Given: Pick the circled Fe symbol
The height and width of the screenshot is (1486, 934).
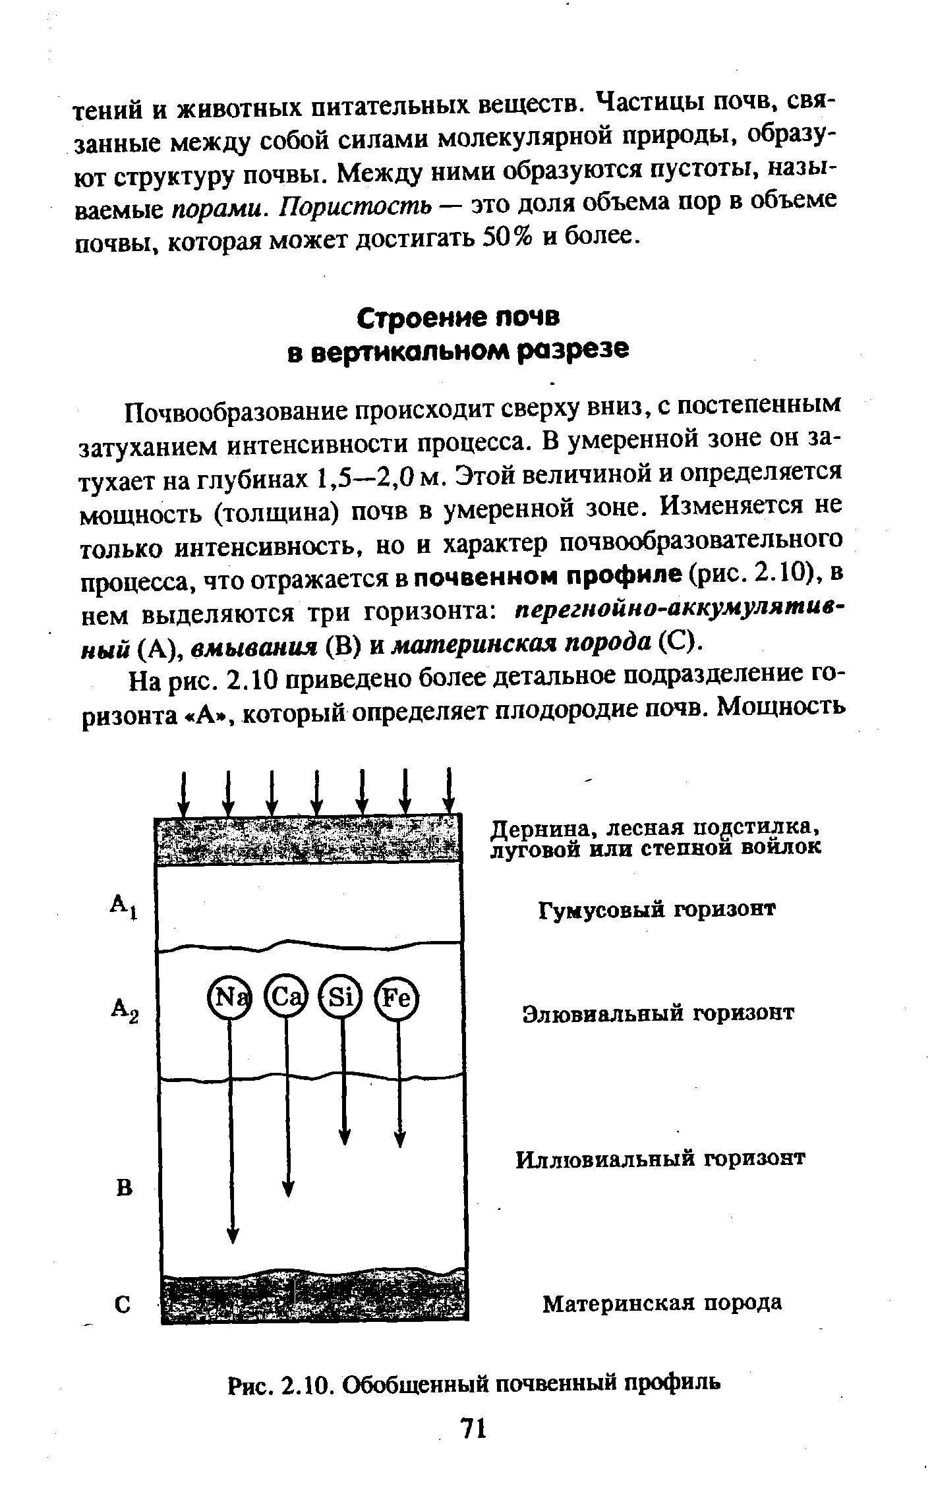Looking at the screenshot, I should coord(397,999).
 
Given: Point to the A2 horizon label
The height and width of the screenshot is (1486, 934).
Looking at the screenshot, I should coord(125,1009).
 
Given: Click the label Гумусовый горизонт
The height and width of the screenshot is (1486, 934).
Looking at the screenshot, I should coord(657,910).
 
